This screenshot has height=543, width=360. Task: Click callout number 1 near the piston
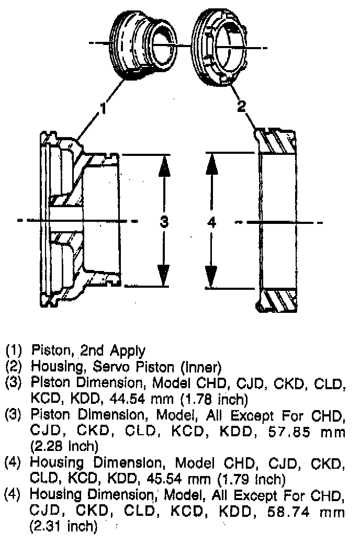pyautogui.click(x=104, y=109)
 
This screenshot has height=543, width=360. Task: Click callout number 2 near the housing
pyautogui.click(x=241, y=106)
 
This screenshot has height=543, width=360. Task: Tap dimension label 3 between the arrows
pyautogui.click(x=164, y=221)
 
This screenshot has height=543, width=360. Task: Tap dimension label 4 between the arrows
pyautogui.click(x=211, y=222)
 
